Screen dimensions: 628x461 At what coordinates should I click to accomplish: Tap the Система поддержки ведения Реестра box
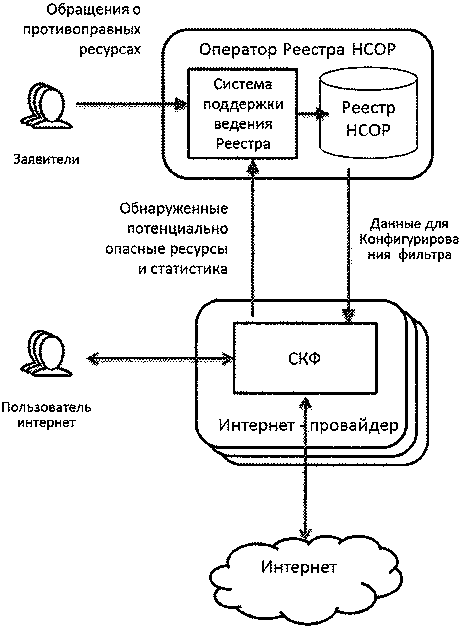click(242, 114)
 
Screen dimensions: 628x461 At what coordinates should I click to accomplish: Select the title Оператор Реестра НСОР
click(298, 50)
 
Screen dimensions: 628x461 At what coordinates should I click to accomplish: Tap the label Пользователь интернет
click(46, 415)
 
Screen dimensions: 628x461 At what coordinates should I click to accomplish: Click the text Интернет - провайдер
click(309, 426)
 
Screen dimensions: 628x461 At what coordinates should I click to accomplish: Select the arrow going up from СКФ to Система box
click(255, 240)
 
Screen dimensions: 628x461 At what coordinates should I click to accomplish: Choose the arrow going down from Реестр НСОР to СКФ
click(348, 245)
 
